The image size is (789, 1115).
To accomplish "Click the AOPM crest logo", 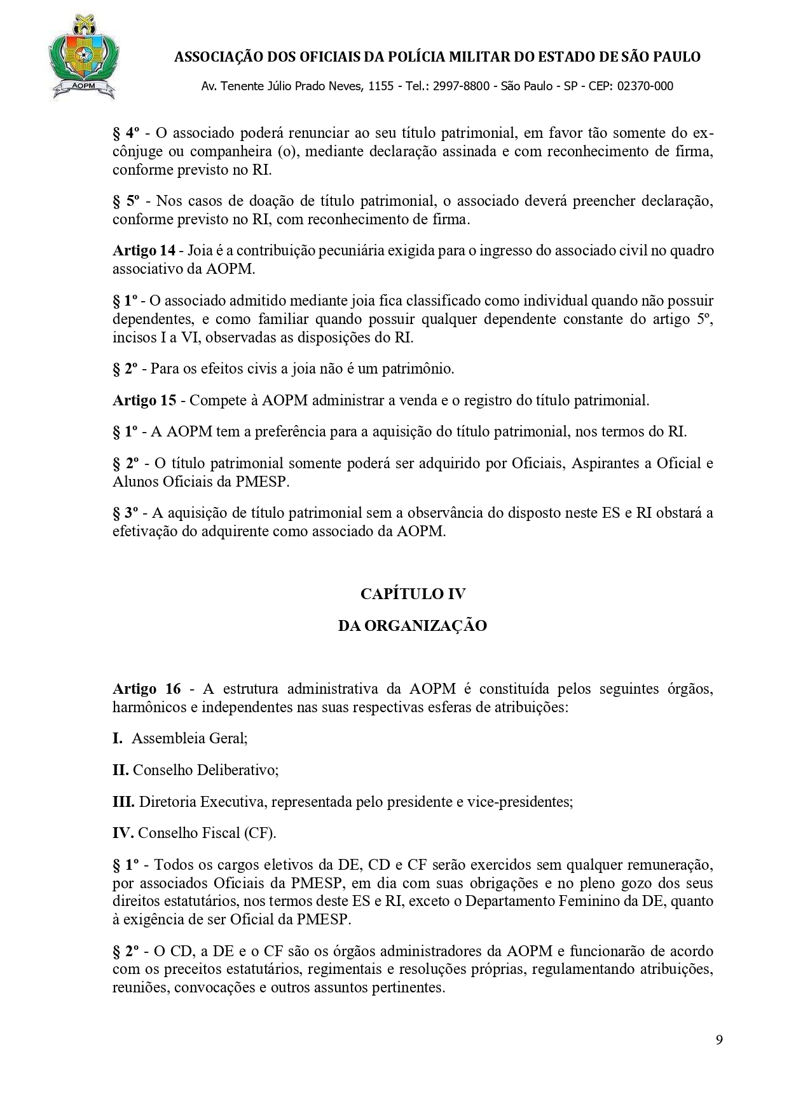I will point(82,58).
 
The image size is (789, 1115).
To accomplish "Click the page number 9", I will point(719,1041).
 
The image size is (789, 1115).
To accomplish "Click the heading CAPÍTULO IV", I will point(413,593).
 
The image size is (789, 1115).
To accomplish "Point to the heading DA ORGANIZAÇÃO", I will point(413,626).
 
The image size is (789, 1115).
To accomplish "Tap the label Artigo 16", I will point(146,689).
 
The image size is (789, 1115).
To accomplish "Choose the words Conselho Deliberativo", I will point(205,770).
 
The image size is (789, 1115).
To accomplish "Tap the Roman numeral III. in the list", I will point(123,802).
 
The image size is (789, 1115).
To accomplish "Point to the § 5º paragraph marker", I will point(126,201).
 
